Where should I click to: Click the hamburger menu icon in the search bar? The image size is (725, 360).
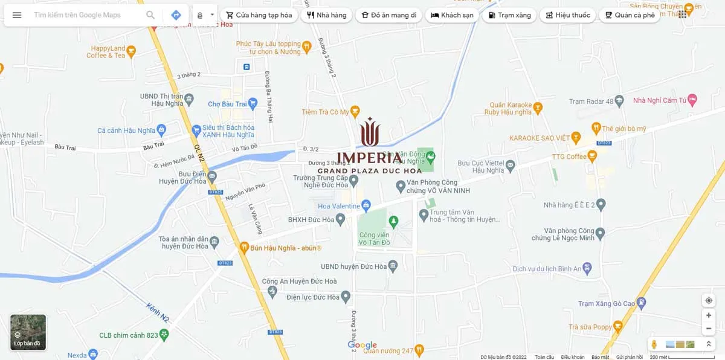[17, 15]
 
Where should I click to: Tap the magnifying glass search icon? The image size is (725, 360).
[150, 15]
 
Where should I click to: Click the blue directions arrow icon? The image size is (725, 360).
[176, 15]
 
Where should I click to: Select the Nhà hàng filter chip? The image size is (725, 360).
[327, 15]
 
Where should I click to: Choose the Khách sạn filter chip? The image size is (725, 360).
[452, 15]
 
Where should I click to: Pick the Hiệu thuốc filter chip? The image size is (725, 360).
[567, 15]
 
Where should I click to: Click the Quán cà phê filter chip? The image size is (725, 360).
[629, 15]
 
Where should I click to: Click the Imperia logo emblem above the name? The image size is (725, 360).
[370, 132]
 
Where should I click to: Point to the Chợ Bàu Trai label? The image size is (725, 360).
[227, 104]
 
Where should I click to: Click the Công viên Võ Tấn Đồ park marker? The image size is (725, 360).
[393, 222]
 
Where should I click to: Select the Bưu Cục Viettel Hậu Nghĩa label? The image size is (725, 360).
[480, 167]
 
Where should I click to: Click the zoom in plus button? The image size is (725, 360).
[709, 315]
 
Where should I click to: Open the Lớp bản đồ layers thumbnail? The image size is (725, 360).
[28, 332]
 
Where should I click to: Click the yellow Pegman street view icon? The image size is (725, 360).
[653, 344]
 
